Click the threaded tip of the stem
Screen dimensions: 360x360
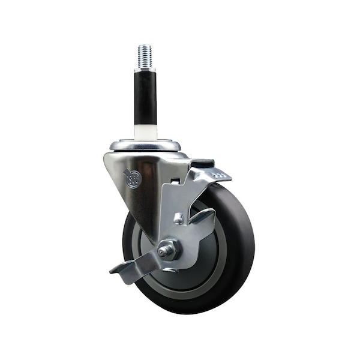[145, 55]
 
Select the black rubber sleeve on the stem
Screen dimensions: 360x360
[145, 97]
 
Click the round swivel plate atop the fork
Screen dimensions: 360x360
[145, 145]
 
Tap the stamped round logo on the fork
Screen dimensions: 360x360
[133, 178]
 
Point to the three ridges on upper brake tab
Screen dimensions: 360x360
[220, 175]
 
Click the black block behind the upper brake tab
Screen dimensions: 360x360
[202, 163]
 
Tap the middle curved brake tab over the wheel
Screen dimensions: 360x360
[202, 219]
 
